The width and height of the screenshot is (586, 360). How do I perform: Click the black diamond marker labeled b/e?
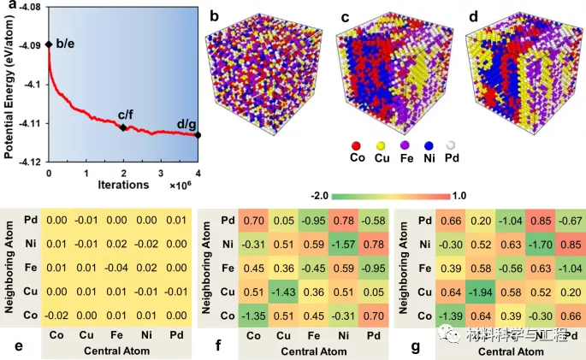coord(49,44)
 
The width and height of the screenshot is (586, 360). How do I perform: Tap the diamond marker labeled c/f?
coord(123,127)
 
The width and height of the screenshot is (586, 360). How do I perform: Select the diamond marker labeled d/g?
coord(198,134)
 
